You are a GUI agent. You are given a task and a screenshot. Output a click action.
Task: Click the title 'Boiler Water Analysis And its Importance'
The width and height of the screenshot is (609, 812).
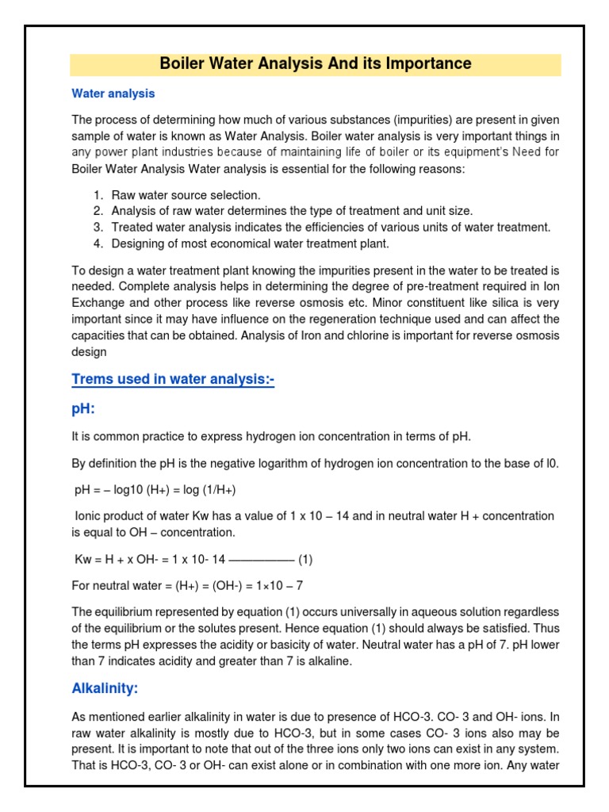[316, 63]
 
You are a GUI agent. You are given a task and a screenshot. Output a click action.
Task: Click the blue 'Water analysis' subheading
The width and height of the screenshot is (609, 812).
[113, 94]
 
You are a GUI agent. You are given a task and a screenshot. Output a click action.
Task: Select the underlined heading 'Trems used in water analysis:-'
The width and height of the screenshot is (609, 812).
[173, 380]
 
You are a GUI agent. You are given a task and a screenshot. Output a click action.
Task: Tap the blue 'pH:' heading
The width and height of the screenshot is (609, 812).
[84, 410]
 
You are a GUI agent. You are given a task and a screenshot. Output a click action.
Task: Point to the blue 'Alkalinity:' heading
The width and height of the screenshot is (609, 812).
[105, 688]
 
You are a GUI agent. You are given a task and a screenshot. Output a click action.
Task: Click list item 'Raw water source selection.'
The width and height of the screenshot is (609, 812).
[186, 195]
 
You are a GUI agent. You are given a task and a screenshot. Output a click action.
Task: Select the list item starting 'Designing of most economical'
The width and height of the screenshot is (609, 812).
[250, 243]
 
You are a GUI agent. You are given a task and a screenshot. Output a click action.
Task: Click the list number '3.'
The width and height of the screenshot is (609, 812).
[98, 228]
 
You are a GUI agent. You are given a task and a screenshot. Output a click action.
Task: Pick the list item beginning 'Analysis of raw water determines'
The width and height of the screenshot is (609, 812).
[291, 211]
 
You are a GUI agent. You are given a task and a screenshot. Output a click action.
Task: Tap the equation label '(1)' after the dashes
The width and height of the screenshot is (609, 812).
[305, 559]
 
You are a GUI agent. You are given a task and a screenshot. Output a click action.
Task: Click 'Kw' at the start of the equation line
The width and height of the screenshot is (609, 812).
[82, 559]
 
